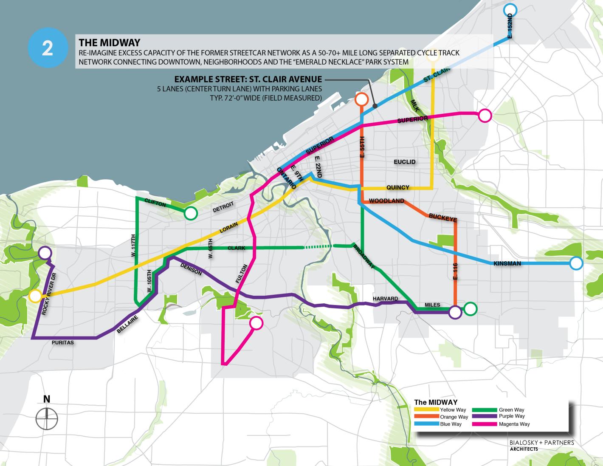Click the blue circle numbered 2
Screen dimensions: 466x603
(48, 49)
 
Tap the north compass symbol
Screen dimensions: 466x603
(47, 418)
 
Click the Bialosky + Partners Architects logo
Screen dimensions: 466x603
(541, 445)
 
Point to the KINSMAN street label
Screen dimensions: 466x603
(507, 264)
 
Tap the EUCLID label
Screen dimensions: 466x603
(404, 162)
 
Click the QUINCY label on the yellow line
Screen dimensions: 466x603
(398, 187)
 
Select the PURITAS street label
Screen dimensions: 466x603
(63, 342)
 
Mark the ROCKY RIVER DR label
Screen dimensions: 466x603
(49, 294)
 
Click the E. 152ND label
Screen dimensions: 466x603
(510, 26)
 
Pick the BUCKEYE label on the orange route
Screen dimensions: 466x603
(442, 217)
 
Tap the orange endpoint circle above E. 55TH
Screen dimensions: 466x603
(361, 99)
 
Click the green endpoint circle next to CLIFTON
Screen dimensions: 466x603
(191, 213)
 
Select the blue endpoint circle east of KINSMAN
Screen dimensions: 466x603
(576, 263)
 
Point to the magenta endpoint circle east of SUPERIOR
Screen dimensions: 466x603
(485, 115)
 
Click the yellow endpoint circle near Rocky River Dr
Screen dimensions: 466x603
(35, 296)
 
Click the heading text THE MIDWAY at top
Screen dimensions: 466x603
(110, 42)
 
